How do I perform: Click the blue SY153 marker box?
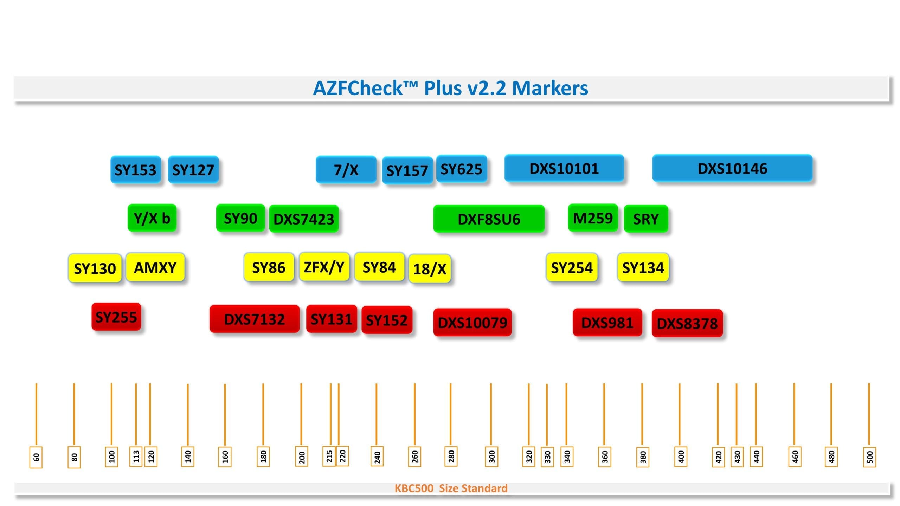click(135, 170)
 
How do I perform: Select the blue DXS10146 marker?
click(732, 168)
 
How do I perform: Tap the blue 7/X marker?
click(346, 170)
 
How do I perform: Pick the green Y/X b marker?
click(152, 218)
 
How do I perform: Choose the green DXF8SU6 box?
click(489, 219)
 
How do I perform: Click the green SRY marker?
click(646, 219)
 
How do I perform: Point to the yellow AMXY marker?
click(155, 267)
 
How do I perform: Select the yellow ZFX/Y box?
click(324, 267)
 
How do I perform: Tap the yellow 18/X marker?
click(430, 269)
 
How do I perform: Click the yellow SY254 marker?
click(572, 268)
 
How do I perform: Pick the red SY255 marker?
click(116, 317)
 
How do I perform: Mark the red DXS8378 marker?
click(687, 323)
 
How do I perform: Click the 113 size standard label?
click(136, 456)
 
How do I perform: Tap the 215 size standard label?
click(329, 456)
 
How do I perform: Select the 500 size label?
click(869, 457)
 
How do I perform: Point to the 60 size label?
click(36, 457)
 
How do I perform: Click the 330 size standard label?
click(547, 457)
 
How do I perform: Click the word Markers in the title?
click(550, 88)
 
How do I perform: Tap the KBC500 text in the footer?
click(414, 488)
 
